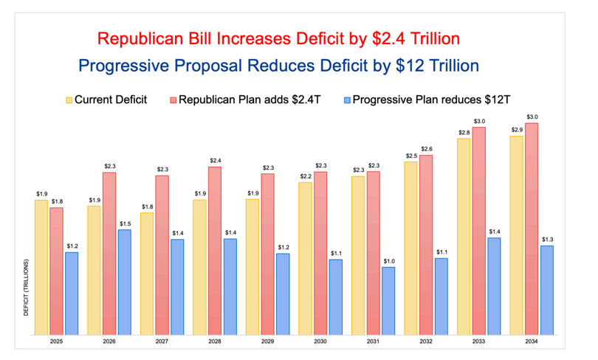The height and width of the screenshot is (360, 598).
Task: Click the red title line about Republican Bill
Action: click(280, 38)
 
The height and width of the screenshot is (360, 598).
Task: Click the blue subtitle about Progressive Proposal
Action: click(279, 66)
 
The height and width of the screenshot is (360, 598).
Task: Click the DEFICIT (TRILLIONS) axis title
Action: click(27, 288)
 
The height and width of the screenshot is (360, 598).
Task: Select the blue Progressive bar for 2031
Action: click(388, 301)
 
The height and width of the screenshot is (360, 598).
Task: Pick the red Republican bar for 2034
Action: click(532, 229)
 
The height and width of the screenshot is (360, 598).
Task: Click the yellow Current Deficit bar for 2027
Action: click(147, 274)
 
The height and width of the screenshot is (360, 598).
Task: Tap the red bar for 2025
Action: click(56, 271)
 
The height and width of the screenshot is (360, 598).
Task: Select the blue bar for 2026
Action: click(125, 282)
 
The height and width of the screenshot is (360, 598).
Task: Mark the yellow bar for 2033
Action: click(464, 236)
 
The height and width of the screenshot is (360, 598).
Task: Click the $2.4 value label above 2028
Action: click(215, 161)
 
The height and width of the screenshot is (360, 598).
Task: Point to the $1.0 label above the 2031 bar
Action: click(388, 261)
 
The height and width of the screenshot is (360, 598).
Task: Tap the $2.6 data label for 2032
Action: click(426, 149)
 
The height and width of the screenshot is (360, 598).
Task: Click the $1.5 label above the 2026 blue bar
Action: click(125, 224)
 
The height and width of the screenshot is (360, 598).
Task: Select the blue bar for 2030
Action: click(336, 297)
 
